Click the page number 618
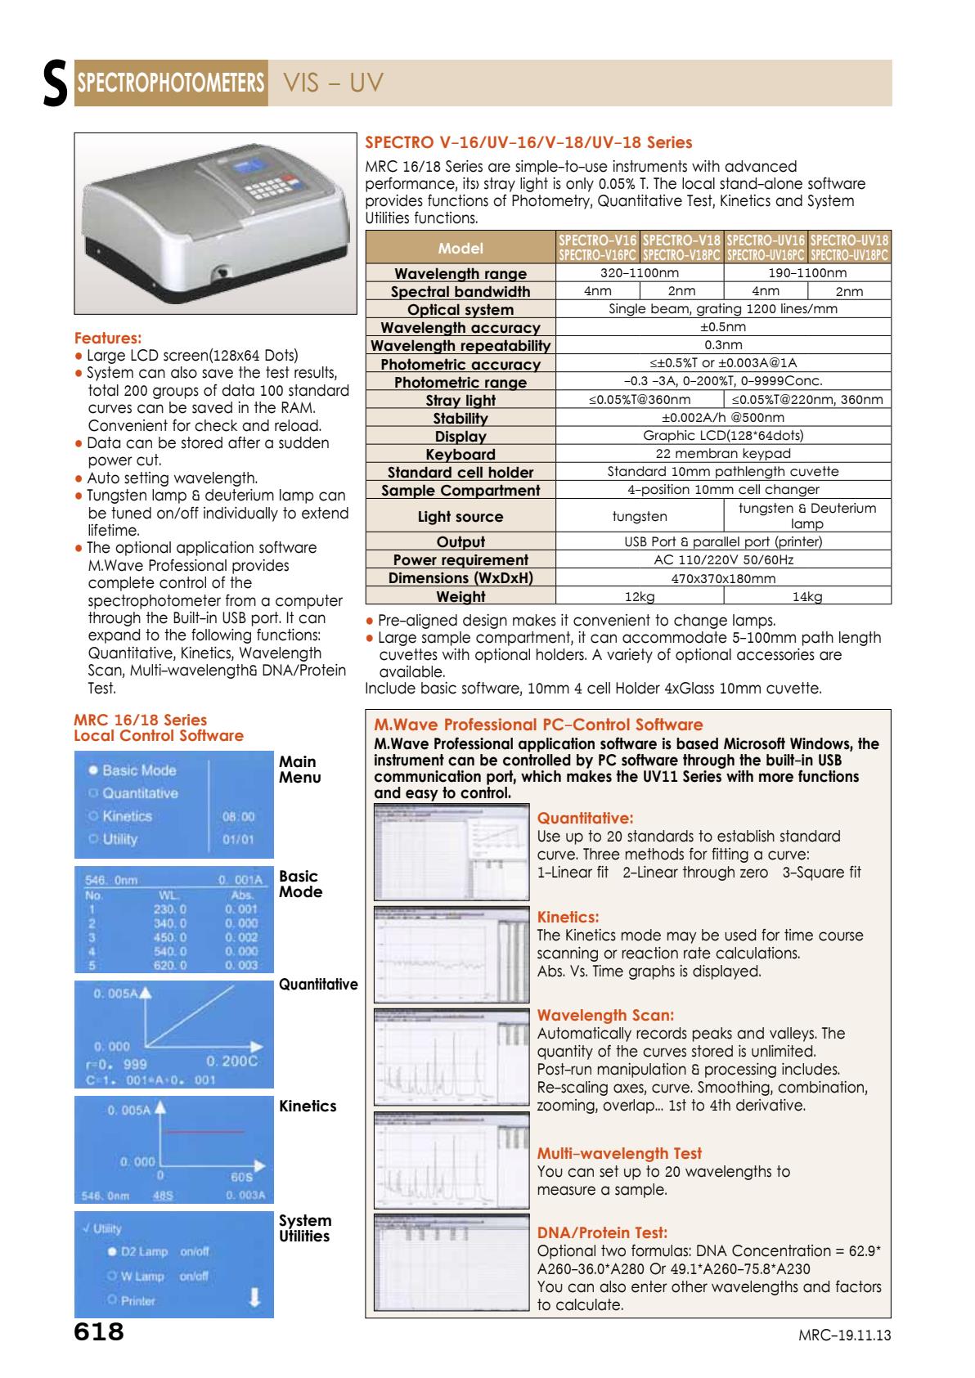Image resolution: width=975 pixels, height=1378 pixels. coord(99,1331)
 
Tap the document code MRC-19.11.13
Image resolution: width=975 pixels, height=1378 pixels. coord(844,1335)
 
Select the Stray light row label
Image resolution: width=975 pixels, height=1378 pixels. coord(461,400)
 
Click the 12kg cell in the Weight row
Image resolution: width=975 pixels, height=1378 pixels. coord(639,596)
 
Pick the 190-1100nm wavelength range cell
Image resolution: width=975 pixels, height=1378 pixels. coord(807,273)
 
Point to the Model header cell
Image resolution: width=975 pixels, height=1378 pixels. coord(461,248)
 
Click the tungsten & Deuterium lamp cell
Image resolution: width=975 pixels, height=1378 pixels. coord(807,515)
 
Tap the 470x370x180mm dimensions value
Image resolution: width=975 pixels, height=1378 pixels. coord(723,578)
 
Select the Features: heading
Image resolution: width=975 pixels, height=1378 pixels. coord(108,338)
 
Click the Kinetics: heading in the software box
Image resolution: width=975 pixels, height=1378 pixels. coord(568,918)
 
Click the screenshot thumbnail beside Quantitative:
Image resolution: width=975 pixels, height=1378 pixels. coord(451,851)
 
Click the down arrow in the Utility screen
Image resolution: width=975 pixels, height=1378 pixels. coord(254,1297)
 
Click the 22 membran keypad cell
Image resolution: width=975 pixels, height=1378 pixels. coord(723,453)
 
